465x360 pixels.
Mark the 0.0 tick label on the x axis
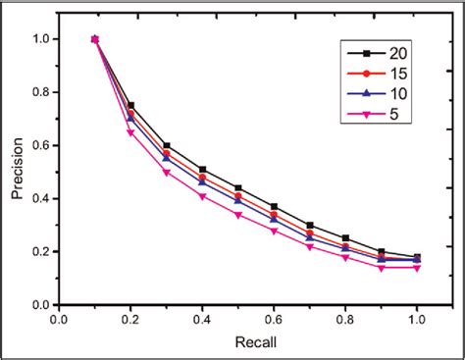pos(59,319)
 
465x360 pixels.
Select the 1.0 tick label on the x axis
pos(417,319)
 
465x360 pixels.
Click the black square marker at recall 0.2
pos(130,105)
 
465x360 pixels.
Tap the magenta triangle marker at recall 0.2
pos(130,132)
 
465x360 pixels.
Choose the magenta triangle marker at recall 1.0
pos(417,268)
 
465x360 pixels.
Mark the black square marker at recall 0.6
pos(274,207)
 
